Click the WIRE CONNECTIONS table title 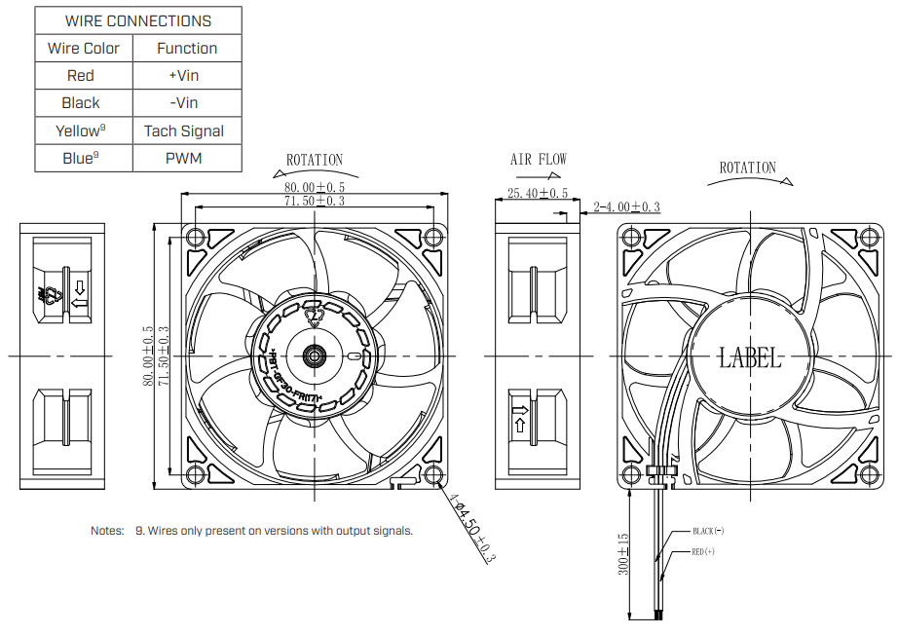point(137,20)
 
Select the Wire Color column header point(84,48)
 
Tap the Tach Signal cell point(184,131)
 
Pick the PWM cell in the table point(184,158)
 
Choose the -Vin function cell point(184,102)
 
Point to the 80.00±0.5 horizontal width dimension point(315,186)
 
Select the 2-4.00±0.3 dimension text point(627,206)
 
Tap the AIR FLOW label point(538,160)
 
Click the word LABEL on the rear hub point(750,357)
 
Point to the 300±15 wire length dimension point(624,554)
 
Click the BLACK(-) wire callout point(708,531)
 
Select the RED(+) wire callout point(703,551)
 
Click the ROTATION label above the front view point(315,160)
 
